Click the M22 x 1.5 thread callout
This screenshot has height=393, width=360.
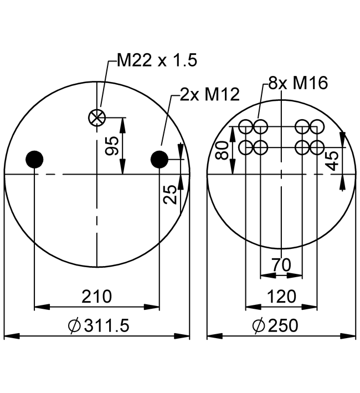(157, 60)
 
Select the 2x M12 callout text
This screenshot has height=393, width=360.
(202, 95)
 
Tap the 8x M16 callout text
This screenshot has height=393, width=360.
(298, 83)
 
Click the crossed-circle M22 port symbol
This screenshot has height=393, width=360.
(97, 117)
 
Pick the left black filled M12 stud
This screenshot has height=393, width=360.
(34, 160)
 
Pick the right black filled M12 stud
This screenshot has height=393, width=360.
(160, 160)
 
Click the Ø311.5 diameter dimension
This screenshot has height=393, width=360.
(98, 326)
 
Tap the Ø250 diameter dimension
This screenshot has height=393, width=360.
(275, 326)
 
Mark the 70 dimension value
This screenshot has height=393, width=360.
(281, 265)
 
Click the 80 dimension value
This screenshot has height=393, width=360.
(222, 150)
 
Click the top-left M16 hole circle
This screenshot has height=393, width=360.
(246, 127)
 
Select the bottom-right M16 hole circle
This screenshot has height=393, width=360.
(317, 147)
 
